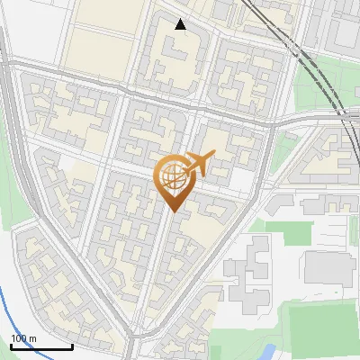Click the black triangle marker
tap(181, 24)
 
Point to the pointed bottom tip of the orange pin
tap(172, 212)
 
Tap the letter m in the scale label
tap(33, 338)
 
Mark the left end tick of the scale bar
tap(11, 346)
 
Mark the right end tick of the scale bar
tap(72, 346)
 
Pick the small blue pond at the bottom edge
tap(267, 352)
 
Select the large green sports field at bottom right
tap(319, 328)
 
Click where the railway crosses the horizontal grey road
tap(339, 116)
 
